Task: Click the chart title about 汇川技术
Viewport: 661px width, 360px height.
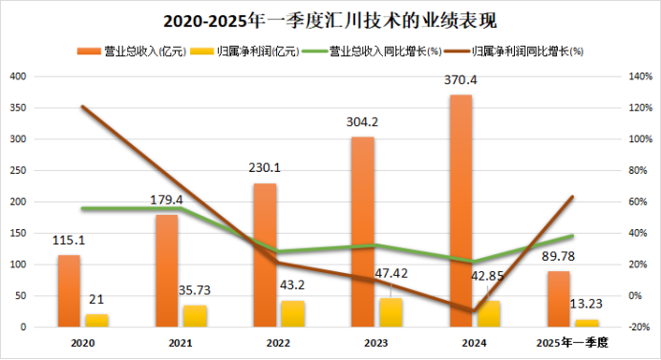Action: pos(330,19)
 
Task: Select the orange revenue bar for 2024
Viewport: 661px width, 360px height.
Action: pos(460,210)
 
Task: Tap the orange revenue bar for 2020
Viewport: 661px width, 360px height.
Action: pos(69,290)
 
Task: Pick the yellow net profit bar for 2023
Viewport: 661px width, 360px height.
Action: pos(390,312)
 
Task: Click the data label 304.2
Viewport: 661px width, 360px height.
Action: pos(362,122)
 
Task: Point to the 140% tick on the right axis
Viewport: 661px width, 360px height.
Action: pos(638,76)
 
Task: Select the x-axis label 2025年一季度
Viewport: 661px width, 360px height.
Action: pos(573,341)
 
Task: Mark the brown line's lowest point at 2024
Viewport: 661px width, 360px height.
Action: pos(460,311)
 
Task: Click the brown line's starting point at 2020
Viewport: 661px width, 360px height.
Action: pos(82,107)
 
